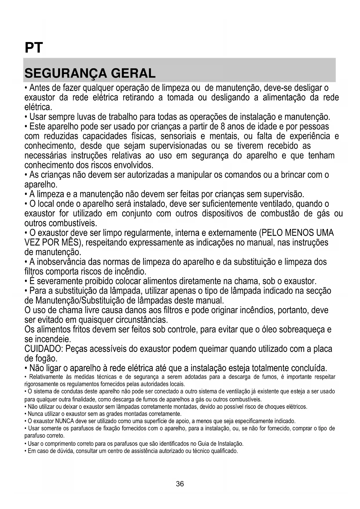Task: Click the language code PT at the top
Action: click(34, 48)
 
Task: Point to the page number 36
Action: click(180, 484)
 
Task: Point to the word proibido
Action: click(97, 281)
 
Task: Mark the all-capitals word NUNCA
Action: click(64, 421)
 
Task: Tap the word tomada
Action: click(180, 98)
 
